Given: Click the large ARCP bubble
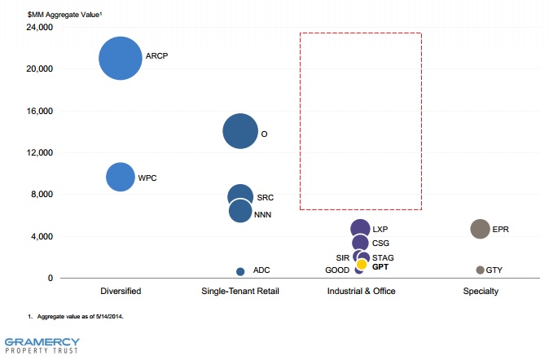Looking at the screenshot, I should [x=121, y=58].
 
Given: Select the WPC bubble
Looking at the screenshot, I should [x=121, y=177].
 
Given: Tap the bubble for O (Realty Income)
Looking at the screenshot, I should [x=240, y=132].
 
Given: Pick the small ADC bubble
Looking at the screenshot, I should [x=240, y=271].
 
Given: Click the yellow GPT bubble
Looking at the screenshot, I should [x=362, y=265].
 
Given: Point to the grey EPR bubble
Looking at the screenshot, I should [x=480, y=230].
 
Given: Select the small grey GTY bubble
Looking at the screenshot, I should [x=480, y=270].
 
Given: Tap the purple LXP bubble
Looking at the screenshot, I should [x=360, y=230].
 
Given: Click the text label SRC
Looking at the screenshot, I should [x=266, y=197].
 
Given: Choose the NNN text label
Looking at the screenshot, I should [x=263, y=215].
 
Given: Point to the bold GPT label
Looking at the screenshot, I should [x=381, y=267].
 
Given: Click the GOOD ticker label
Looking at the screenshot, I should [x=337, y=270].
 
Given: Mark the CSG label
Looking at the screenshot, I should [x=381, y=244].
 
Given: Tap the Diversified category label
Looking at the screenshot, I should [x=121, y=291].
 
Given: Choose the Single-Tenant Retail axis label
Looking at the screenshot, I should [x=240, y=291].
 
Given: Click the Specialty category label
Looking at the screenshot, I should [x=480, y=291].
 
